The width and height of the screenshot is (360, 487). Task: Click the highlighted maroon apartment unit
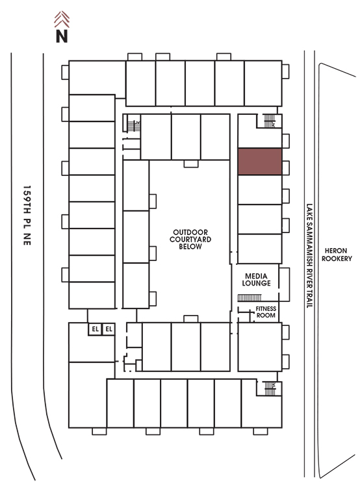pyautogui.click(x=260, y=162)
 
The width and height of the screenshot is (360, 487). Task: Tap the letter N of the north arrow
pyautogui.click(x=62, y=36)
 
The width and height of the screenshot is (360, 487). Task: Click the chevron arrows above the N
pyautogui.click(x=62, y=19)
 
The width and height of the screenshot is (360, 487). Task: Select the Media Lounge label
pyautogui.click(x=256, y=279)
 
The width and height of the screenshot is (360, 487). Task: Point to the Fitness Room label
pyautogui.click(x=266, y=312)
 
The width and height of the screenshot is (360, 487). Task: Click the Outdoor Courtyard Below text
pyautogui.click(x=190, y=239)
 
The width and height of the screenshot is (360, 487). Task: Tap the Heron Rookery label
pyautogui.click(x=337, y=255)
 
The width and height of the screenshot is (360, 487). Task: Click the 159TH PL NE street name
pyautogui.click(x=27, y=216)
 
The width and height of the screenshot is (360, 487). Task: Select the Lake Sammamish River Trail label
pyautogui.click(x=309, y=256)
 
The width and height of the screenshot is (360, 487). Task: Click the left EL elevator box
pyautogui.click(x=95, y=329)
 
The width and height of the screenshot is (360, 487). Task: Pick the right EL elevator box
pyautogui.click(x=109, y=329)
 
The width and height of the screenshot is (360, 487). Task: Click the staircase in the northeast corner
pyautogui.click(x=270, y=121)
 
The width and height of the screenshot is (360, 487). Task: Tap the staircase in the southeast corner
pyautogui.click(x=270, y=388)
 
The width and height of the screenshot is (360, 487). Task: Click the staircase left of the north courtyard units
pyautogui.click(x=134, y=125)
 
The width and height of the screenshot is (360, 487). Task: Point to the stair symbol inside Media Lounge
pyautogui.click(x=250, y=298)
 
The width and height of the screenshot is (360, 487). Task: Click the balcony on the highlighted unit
pyautogui.click(x=286, y=168)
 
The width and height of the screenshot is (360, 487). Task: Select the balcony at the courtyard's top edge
pyautogui.click(x=191, y=164)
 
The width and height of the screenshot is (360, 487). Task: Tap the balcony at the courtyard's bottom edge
pyautogui.click(x=191, y=319)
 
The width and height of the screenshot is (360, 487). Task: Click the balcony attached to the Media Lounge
pyautogui.click(x=284, y=284)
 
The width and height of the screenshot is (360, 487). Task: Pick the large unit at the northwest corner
pyautogui.click(x=97, y=78)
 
